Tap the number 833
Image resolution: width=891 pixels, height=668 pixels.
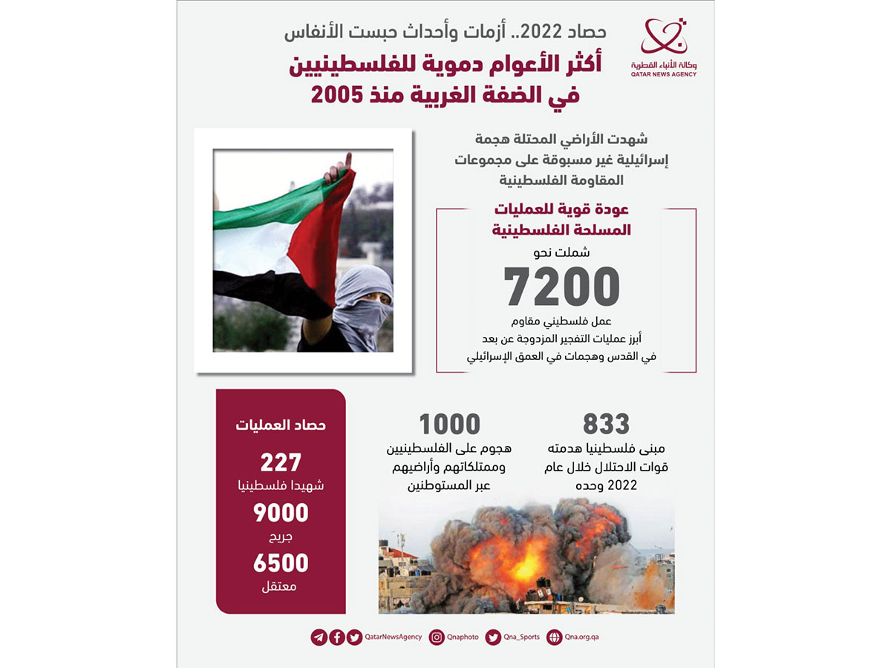pyautogui.click(x=606, y=425)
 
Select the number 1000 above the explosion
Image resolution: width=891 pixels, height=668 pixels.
pyautogui.click(x=449, y=425)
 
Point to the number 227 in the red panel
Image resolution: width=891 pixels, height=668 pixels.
pyautogui.click(x=281, y=462)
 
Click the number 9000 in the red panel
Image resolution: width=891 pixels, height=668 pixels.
pyautogui.click(x=281, y=513)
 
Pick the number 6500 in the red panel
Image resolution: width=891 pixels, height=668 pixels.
pyautogui.click(x=281, y=563)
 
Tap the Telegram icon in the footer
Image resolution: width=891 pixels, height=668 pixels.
pyautogui.click(x=319, y=637)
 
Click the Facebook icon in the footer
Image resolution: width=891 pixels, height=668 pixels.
pyautogui.click(x=336, y=637)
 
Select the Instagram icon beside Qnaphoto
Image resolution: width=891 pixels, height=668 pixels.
pyautogui.click(x=437, y=637)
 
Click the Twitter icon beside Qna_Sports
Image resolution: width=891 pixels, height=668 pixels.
pyautogui.click(x=493, y=637)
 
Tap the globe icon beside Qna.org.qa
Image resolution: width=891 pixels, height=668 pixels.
pyautogui.click(x=554, y=637)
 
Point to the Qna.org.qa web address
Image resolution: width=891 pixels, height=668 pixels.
pyautogui.click(x=581, y=637)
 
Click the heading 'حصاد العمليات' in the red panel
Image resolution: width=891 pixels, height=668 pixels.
pyautogui.click(x=281, y=425)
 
